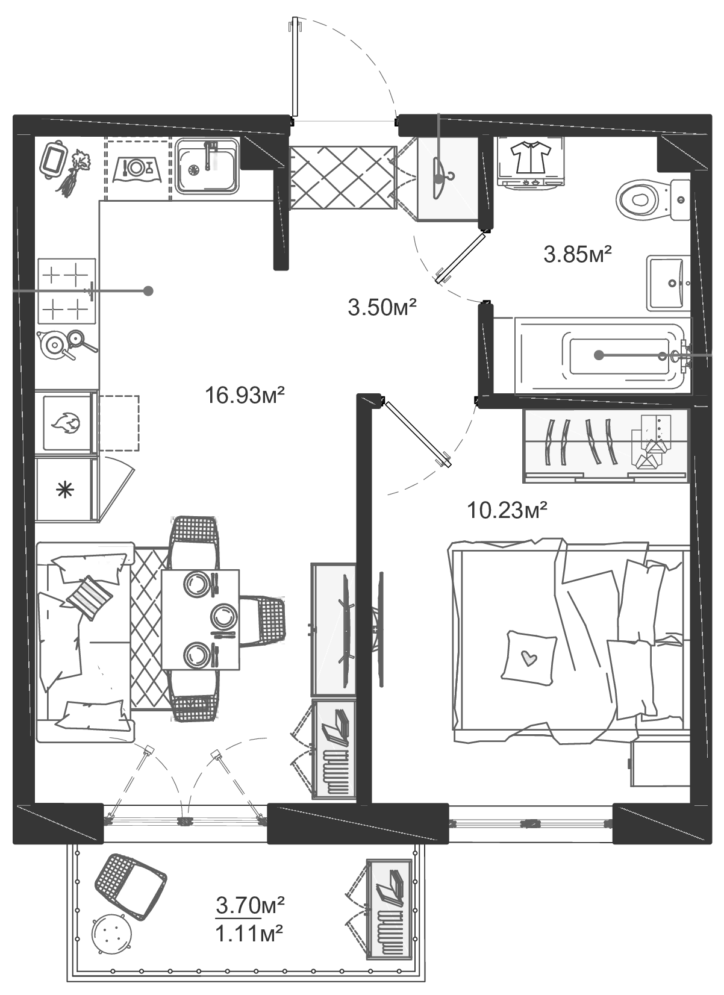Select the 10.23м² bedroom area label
click(507, 511)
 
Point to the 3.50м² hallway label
click(382, 308)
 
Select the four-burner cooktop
click(67, 292)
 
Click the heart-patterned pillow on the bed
click(529, 658)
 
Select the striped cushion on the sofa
click(89, 596)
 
